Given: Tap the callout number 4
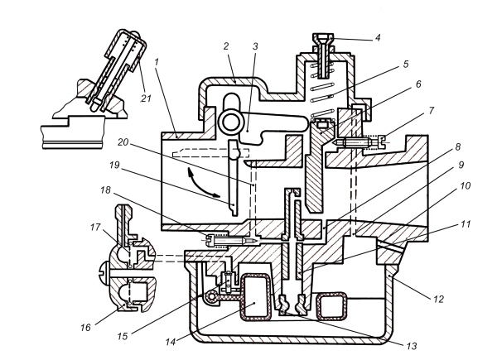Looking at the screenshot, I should [378, 38].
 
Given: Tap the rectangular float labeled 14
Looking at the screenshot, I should [254, 297].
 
